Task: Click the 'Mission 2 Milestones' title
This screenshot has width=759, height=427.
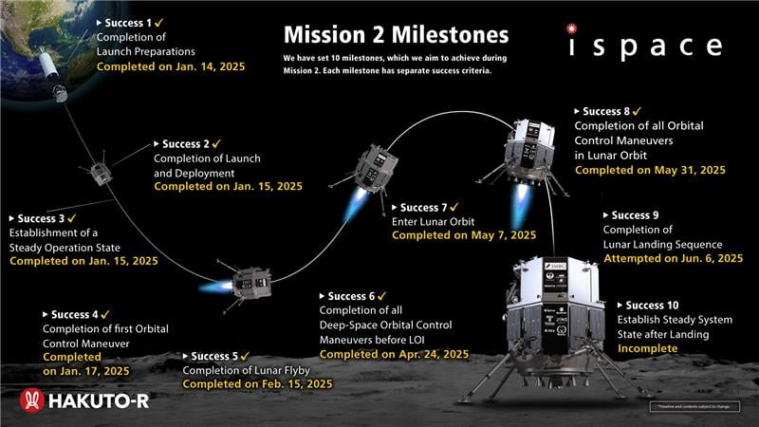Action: [x=397, y=35]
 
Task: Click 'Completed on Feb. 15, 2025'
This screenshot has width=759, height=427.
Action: [x=257, y=384]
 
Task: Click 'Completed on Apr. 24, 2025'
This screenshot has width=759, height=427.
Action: [x=395, y=354]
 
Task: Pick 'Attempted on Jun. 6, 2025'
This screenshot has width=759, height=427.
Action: [x=672, y=258]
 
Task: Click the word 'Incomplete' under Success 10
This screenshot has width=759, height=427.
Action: [x=648, y=348]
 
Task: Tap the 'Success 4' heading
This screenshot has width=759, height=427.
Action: [x=74, y=314]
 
